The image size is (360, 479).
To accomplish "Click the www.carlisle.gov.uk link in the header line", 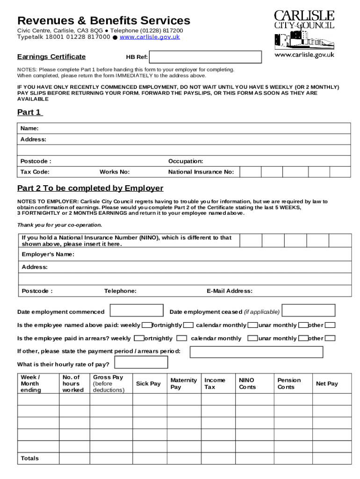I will pos(150,37).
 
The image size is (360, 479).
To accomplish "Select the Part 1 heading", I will pos(30,112).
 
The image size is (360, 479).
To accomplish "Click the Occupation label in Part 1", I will pos(186,161).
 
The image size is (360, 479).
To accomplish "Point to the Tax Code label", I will pos(35,172).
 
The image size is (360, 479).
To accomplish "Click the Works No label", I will pos(115,172).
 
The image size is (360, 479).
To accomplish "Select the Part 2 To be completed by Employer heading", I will pos(90,188).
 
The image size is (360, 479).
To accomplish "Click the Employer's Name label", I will pos(48,254).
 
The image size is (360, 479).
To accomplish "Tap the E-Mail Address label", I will pos(230,291).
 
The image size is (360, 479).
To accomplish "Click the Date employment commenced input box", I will pos(137,311).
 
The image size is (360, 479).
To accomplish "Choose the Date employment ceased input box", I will pos(309,311).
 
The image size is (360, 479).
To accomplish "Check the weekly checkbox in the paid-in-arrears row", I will pos(139,338).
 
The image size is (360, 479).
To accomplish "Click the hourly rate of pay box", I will pos(141,363).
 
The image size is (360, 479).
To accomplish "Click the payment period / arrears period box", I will pos(256,352).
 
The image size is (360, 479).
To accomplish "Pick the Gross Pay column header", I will pos(108,384).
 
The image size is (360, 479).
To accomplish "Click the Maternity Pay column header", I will pos(183,384).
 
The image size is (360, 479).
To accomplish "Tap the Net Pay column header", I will pos(327,384).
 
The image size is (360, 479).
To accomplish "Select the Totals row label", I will pos(30,458).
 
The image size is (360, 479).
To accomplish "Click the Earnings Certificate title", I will pos(51,57).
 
